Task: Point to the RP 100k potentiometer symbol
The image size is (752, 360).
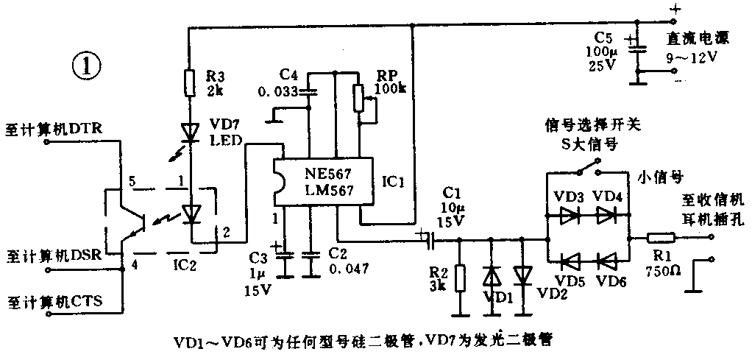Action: coord(359,98)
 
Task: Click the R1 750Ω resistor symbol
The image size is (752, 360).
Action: coord(661,239)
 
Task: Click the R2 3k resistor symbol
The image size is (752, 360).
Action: coord(461,278)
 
